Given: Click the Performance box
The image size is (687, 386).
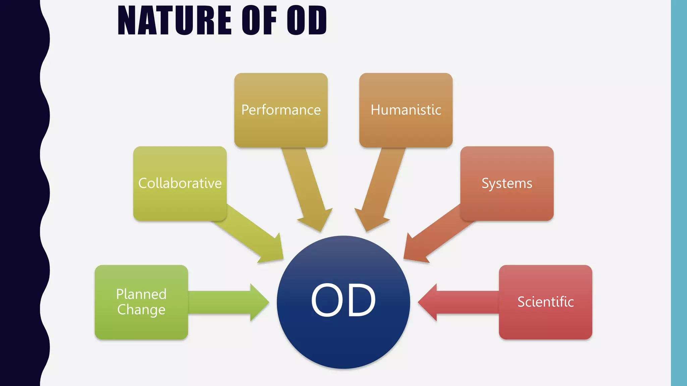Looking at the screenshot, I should click(281, 110).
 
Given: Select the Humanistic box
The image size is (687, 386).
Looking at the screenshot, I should click(406, 110).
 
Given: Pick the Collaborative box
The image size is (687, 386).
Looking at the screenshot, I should click(180, 183).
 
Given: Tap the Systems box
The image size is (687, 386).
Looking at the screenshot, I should click(507, 183).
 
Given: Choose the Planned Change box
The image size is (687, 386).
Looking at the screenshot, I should click(141, 302).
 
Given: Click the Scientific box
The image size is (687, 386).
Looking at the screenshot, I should click(545, 302).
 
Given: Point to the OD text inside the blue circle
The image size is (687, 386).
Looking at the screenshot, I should click(343, 300).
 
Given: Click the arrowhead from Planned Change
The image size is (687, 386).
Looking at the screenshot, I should click(258, 302).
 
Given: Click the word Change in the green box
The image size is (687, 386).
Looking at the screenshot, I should click(141, 310).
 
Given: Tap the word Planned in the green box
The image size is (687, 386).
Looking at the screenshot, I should click(141, 294).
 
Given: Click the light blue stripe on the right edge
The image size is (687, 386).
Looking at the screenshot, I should click(679, 193).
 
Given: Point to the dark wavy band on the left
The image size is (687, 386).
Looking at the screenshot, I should click(20, 193).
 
